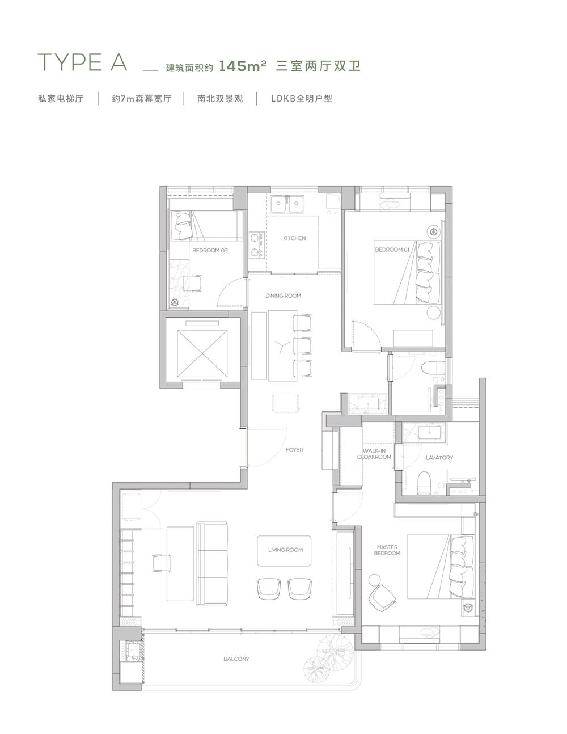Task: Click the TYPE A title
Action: pyautogui.click(x=83, y=62)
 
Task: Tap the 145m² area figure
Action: pyautogui.click(x=243, y=66)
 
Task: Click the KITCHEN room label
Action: pyautogui.click(x=294, y=238)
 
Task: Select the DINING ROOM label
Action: pyautogui.click(x=283, y=296)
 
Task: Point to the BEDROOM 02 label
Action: pyautogui.click(x=210, y=250)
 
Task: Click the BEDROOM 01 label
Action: pyautogui.click(x=392, y=250)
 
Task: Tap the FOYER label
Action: pyautogui.click(x=294, y=450)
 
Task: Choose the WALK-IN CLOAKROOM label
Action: pyautogui.click(x=374, y=454)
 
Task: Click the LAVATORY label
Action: pyautogui.click(x=439, y=458)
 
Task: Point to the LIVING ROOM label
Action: pyautogui.click(x=286, y=550)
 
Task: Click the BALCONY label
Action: pyautogui.click(x=236, y=659)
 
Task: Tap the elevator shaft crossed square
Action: pyautogui.click(x=202, y=353)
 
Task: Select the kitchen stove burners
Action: pyautogui.click(x=256, y=245)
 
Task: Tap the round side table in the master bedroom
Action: pyautogui.click(x=374, y=580)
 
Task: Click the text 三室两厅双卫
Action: pyautogui.click(x=318, y=66)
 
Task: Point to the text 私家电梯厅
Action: pyautogui.click(x=61, y=98)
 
